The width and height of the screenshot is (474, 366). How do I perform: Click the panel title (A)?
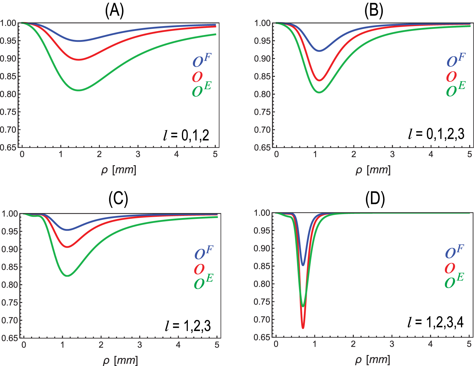pyautogui.click(x=114, y=11)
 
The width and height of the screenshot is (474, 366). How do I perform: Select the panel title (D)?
pyautogui.click(x=375, y=199)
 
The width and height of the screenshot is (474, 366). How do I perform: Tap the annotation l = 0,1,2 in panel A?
pyautogui.click(x=186, y=135)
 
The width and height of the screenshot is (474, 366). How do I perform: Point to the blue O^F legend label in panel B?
pyautogui.click(x=456, y=60)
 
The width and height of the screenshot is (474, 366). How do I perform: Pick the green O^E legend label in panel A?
pyautogui.click(x=202, y=90)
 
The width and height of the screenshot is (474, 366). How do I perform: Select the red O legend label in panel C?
pyautogui.click(x=199, y=269)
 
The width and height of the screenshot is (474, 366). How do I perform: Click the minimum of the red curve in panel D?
pyautogui.click(x=303, y=328)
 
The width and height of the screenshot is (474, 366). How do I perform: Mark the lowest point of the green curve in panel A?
pyautogui.click(x=79, y=90)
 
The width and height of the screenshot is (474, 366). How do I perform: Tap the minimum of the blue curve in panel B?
pyautogui.click(x=319, y=51)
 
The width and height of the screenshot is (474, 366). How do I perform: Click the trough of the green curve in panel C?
pyautogui.click(x=68, y=276)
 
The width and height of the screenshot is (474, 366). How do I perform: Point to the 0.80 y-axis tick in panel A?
pyautogui.click(x=8, y=94)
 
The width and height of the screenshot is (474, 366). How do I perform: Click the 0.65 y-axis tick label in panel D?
pyautogui.click(x=262, y=337)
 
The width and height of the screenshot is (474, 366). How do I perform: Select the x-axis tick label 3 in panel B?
pyautogui.click(x=392, y=154)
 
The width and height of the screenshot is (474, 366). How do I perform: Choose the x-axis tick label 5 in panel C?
pyautogui.click(x=217, y=345)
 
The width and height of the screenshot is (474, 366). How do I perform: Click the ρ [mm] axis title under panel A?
pyautogui.click(x=118, y=170)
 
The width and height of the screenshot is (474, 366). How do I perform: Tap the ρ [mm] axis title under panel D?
pyautogui.click(x=372, y=360)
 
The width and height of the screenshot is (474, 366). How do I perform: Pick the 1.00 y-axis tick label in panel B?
pyautogui.click(x=262, y=23)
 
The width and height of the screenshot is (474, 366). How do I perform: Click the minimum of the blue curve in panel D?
pyautogui.click(x=303, y=265)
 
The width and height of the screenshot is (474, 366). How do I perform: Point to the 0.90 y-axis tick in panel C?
pyautogui.click(x=10, y=249)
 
